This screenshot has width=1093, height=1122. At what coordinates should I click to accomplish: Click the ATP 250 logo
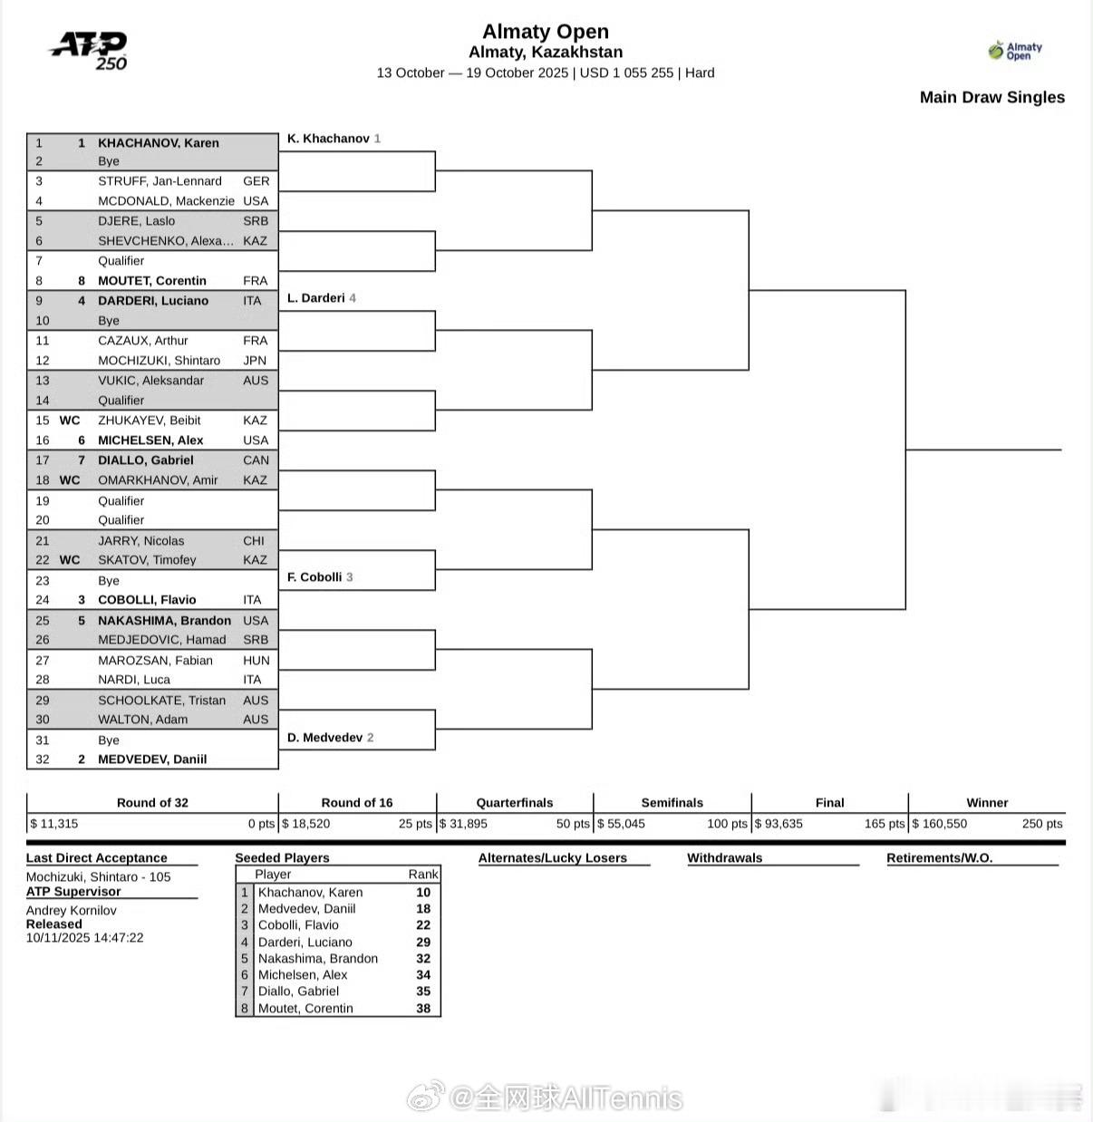(89, 51)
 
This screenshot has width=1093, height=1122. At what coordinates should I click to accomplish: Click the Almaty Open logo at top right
(1015, 51)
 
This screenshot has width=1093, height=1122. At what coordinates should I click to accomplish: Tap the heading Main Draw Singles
(991, 98)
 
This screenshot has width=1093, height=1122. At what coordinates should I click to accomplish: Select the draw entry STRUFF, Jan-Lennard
(160, 181)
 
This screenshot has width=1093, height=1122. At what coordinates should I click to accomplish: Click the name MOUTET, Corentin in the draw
(152, 281)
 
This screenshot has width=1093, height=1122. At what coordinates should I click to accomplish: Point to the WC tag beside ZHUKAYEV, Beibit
(70, 421)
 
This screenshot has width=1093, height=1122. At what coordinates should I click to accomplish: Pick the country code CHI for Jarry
(254, 541)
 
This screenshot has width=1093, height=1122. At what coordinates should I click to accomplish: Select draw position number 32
(43, 759)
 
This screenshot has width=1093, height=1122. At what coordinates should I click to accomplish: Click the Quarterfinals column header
(514, 803)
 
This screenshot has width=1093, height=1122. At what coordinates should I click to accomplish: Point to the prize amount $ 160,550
(940, 824)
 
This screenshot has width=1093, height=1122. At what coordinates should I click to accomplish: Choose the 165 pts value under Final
(884, 824)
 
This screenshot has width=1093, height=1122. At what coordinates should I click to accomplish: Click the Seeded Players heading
(282, 858)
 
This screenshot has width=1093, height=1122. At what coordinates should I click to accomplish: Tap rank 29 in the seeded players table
(423, 943)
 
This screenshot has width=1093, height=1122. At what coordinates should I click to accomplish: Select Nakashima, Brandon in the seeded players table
(317, 959)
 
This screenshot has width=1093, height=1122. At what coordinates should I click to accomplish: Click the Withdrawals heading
(724, 858)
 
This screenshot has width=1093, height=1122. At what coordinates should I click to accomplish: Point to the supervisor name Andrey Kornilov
(71, 911)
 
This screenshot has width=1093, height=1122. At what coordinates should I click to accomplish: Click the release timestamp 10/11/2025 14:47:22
(84, 938)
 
